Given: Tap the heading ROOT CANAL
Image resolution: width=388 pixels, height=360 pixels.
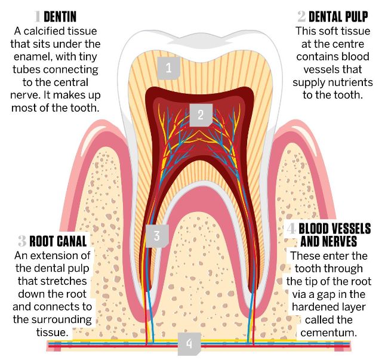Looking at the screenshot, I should coord(59,241).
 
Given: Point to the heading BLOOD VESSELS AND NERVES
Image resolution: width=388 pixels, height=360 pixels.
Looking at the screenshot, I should coord(334,235).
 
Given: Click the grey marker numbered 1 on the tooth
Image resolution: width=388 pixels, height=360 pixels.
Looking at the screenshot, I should coord(168,67).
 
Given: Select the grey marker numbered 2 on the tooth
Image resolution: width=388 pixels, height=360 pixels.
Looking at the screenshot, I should coord(201,113).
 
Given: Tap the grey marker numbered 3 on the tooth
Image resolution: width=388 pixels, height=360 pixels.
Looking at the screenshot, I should coord(156,235).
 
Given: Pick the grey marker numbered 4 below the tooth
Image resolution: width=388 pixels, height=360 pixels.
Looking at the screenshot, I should coord(189,344).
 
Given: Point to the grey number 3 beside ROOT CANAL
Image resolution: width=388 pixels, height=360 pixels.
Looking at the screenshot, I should coord(22,241).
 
